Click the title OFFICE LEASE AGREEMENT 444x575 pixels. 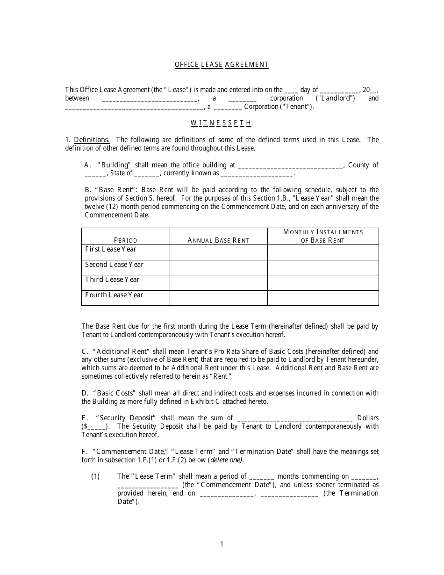[222, 65]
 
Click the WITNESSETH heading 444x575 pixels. [222, 123]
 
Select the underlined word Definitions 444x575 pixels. [92, 140]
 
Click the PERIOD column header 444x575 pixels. [126, 240]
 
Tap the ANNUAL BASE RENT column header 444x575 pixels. [218, 240]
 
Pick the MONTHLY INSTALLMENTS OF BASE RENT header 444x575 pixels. [323, 236]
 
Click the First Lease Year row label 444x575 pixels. [111, 249]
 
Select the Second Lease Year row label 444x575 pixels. [114, 265]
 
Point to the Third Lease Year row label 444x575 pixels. [112, 280]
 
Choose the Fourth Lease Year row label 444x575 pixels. [114, 295]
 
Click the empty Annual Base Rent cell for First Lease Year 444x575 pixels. [218, 252]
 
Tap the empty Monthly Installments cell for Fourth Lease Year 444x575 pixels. [323, 298]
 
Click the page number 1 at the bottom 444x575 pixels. [222, 544]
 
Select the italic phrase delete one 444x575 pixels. [226, 460]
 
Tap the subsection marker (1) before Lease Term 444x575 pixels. [95, 476]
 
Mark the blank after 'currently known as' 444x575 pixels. [257, 174]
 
